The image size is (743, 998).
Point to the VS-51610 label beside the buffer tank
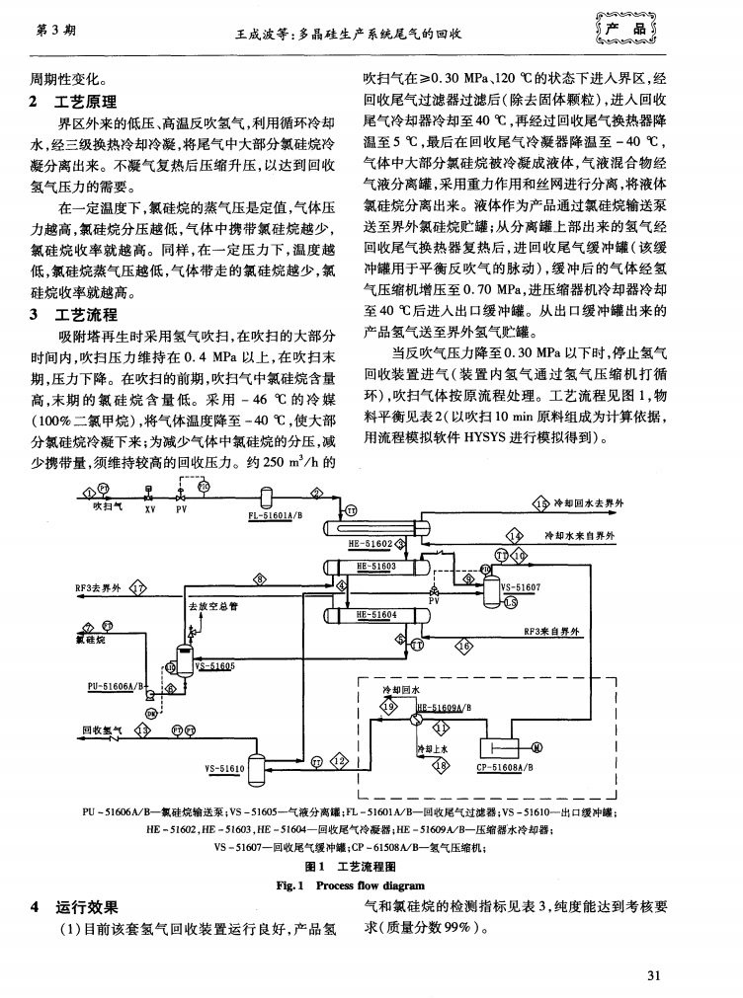[x=224, y=767]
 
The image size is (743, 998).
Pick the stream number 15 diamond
[x=539, y=504]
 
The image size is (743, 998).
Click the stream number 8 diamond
[x=261, y=578]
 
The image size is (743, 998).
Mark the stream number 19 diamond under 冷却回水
[x=387, y=707]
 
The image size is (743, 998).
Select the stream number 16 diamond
[x=461, y=646]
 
